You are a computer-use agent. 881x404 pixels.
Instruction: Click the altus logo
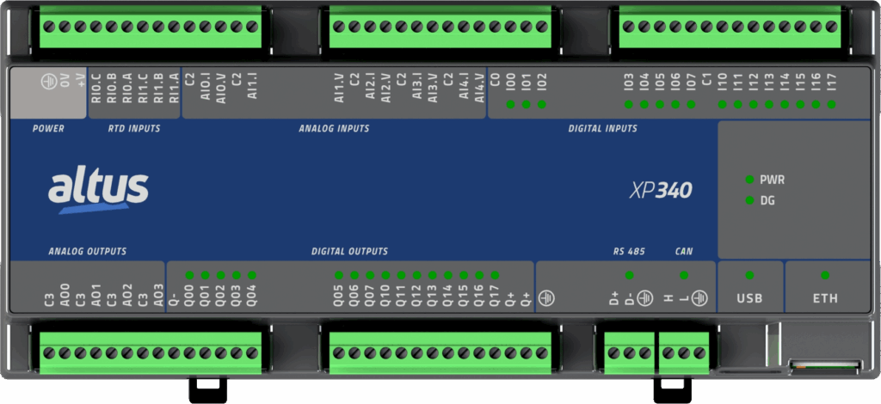click(x=98, y=189)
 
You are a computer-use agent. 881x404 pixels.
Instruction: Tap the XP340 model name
click(x=661, y=190)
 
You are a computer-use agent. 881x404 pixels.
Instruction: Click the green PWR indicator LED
click(x=749, y=181)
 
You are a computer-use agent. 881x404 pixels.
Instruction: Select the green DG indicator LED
click(x=749, y=200)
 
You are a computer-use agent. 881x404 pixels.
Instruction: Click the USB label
click(x=749, y=298)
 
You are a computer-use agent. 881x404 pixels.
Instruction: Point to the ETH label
click(x=825, y=298)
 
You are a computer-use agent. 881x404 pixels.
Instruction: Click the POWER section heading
click(x=48, y=129)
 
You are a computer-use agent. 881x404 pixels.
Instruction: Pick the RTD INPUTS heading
click(x=134, y=129)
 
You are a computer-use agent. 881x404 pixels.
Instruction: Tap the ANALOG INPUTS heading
click(x=334, y=129)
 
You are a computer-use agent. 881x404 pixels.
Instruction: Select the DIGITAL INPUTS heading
click(x=602, y=129)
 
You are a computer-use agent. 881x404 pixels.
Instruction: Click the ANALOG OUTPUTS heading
click(x=88, y=252)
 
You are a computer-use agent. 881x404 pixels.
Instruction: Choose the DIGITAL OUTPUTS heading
click(x=349, y=252)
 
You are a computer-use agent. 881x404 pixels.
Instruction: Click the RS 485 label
click(x=629, y=252)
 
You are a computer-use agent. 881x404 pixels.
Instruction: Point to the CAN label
click(x=684, y=252)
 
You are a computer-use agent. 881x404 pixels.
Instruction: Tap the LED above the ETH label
click(x=825, y=275)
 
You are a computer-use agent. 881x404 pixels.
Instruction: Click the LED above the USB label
click(x=749, y=275)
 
